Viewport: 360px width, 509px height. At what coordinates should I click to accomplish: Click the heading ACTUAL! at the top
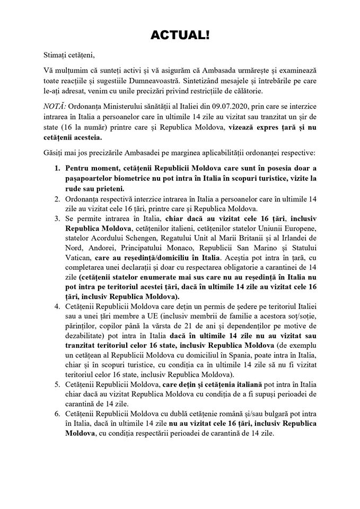(180, 35)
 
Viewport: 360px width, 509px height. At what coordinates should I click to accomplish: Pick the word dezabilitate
(89, 337)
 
